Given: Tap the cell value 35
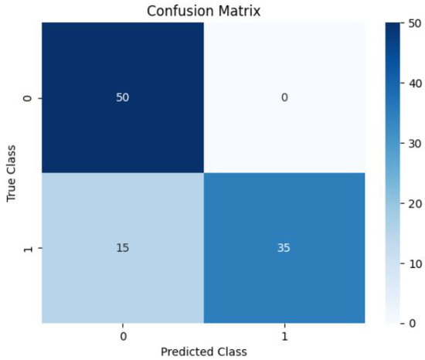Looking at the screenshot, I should coord(284,249).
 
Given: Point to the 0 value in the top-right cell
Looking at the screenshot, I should coord(284,99).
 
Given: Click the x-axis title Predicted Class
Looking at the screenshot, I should coord(205,351).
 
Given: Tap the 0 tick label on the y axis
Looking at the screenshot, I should coord(30,99).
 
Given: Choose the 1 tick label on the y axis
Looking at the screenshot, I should coord(30,249).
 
